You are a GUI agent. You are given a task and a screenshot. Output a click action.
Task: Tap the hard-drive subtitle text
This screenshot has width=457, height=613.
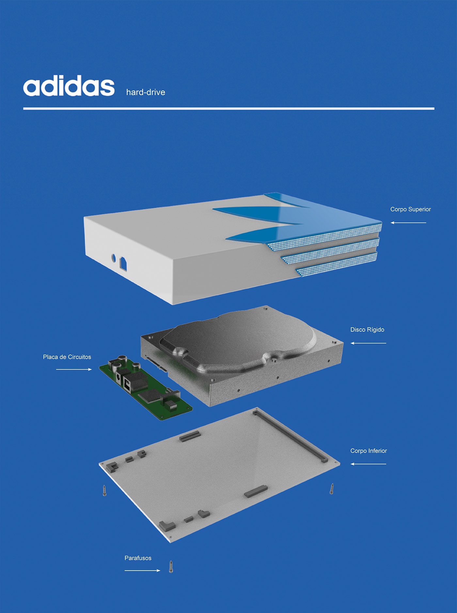click(x=146, y=92)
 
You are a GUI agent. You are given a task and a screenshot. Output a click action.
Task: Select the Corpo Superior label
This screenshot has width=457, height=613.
click(x=410, y=209)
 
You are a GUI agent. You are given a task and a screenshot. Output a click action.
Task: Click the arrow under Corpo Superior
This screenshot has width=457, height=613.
click(x=408, y=223)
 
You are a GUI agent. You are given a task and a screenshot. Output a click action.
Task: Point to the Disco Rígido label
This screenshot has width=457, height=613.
click(x=367, y=330)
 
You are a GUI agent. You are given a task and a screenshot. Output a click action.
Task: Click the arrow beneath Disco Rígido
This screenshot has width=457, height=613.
click(x=368, y=343)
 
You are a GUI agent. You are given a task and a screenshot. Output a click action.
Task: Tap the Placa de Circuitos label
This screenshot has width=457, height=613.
click(x=67, y=357)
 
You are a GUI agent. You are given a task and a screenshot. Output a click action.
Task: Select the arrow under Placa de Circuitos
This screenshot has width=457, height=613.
click(x=74, y=369)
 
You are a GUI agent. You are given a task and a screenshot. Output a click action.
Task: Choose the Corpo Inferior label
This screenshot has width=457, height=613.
click(x=369, y=451)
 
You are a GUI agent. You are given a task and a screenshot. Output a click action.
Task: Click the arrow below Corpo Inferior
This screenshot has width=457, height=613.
click(x=368, y=464)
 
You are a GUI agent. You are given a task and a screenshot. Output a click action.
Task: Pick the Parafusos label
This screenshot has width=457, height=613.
click(x=138, y=558)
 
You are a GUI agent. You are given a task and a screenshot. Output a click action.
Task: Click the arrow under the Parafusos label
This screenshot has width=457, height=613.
click(x=142, y=571)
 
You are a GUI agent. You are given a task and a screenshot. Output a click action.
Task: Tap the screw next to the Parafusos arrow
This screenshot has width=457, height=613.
click(x=171, y=567)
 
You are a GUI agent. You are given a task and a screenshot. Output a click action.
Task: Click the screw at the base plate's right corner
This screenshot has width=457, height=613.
click(x=332, y=489)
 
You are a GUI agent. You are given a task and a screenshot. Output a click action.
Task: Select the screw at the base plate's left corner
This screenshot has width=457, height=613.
click(x=104, y=491)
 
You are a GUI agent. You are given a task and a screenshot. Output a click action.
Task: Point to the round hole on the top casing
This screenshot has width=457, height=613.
click(x=114, y=258)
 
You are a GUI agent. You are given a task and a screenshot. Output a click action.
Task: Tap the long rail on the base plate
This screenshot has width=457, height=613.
click(x=290, y=436)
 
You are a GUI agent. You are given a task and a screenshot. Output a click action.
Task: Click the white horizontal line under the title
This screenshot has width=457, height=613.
click(x=228, y=108)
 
